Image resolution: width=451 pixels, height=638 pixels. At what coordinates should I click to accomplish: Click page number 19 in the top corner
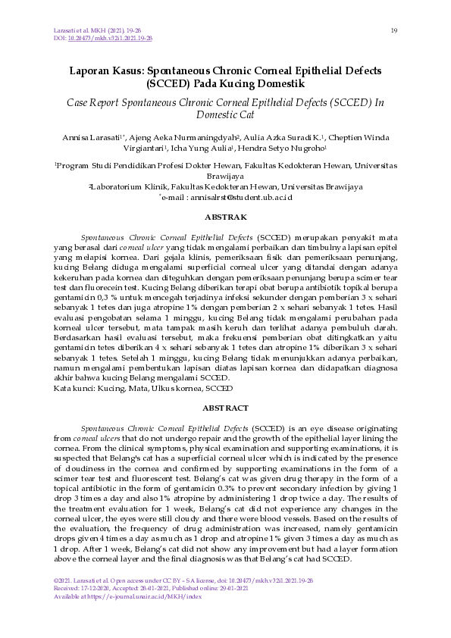(x=394, y=30)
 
